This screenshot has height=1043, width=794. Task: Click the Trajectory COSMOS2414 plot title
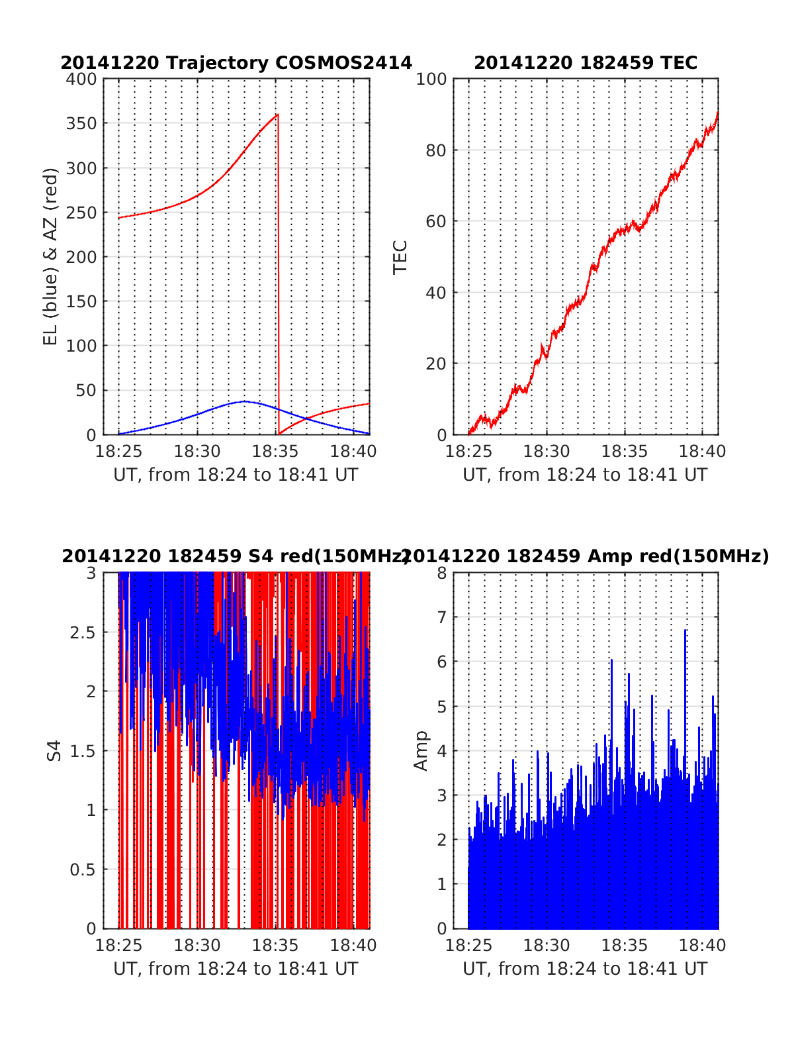pyautogui.click(x=236, y=63)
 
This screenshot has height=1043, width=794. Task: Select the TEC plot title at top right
pyautogui.click(x=586, y=63)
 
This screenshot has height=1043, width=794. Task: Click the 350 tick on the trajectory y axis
pyautogui.click(x=81, y=124)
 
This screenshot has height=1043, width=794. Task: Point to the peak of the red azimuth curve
pyautogui.click(x=277, y=115)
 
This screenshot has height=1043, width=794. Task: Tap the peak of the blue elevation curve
pyautogui.click(x=244, y=401)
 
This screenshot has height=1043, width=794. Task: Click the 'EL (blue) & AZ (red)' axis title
pyautogui.click(x=51, y=256)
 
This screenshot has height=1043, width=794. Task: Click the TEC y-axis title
pyautogui.click(x=400, y=257)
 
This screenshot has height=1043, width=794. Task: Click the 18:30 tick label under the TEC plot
pyautogui.click(x=547, y=452)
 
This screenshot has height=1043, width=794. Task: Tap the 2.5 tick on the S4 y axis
pyautogui.click(x=83, y=632)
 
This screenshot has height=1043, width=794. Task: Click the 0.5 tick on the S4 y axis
pyautogui.click(x=83, y=869)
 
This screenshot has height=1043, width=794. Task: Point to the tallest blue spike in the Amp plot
pyautogui.click(x=685, y=630)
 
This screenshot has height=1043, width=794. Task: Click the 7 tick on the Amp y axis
pyautogui.click(x=442, y=617)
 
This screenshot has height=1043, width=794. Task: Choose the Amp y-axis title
pyautogui.click(x=421, y=750)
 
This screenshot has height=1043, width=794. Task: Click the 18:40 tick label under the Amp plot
pyautogui.click(x=703, y=946)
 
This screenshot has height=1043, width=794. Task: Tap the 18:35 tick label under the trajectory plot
pyautogui.click(x=275, y=452)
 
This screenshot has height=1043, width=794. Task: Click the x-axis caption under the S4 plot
pyautogui.click(x=236, y=969)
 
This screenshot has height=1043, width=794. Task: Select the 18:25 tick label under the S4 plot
pyautogui.click(x=119, y=946)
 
